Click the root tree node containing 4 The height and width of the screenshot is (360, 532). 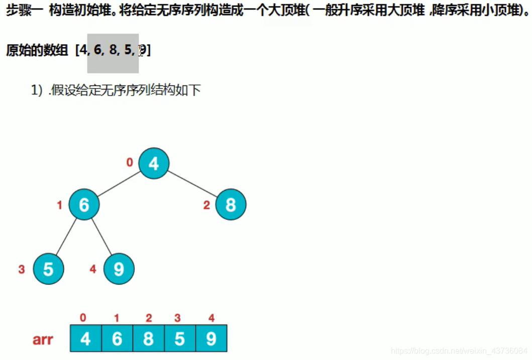[154, 163]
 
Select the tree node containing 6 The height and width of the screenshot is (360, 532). [84, 205]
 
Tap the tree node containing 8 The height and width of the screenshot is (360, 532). [231, 205]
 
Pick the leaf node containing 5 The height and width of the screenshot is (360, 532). [48, 269]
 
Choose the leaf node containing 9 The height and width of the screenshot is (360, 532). [119, 269]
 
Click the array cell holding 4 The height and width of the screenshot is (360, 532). [85, 338]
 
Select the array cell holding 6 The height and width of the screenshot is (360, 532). [117, 338]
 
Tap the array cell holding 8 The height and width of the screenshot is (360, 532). [148, 338]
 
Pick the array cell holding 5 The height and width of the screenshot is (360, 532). [179, 338]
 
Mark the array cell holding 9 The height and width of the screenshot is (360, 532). [211, 338]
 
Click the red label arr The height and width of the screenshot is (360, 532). [43, 339]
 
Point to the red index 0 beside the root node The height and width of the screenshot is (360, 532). [130, 162]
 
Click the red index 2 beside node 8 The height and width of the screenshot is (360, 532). [206, 205]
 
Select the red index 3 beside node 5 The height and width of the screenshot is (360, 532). [21, 269]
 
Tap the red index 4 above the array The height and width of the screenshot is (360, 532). [211, 318]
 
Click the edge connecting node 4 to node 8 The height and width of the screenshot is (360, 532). [192, 184]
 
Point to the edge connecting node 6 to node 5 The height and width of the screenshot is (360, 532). [66, 237]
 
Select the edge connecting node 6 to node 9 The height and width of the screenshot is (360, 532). [101, 237]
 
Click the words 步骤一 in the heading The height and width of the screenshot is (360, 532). [24, 12]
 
